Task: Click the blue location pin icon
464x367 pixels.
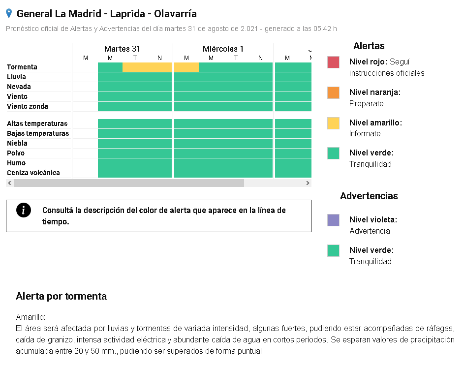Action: pyautogui.click(x=9, y=13)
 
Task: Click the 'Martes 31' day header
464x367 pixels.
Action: pyautogui.click(x=122, y=49)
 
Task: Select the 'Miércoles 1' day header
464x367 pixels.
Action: pyautogui.click(x=223, y=49)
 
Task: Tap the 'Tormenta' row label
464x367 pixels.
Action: pyautogui.click(x=22, y=67)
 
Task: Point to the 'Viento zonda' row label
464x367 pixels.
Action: pyautogui.click(x=27, y=106)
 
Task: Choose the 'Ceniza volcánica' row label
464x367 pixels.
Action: pyautogui.click(x=33, y=173)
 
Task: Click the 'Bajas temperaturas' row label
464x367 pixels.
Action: pyautogui.click(x=38, y=133)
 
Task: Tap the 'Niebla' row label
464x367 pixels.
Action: pyautogui.click(x=17, y=143)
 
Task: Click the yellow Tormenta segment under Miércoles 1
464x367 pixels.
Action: pyautogui.click(x=186, y=67)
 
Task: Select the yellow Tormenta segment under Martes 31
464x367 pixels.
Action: pyautogui.click(x=147, y=67)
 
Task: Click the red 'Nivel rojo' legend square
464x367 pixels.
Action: pyautogui.click(x=333, y=62)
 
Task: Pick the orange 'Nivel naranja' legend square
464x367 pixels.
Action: pyautogui.click(x=333, y=92)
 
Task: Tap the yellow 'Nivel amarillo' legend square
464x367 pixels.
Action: pyautogui.click(x=333, y=123)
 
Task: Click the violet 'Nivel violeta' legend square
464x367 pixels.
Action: pyautogui.click(x=333, y=220)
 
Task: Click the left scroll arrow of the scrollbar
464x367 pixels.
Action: pyautogui.click(x=10, y=183)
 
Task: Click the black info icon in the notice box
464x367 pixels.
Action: pyautogui.click(x=24, y=210)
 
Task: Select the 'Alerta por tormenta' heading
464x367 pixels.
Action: pyautogui.click(x=61, y=296)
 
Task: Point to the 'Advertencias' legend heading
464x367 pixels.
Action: pyautogui.click(x=369, y=196)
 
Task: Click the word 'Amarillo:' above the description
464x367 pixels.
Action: pyautogui.click(x=31, y=317)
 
